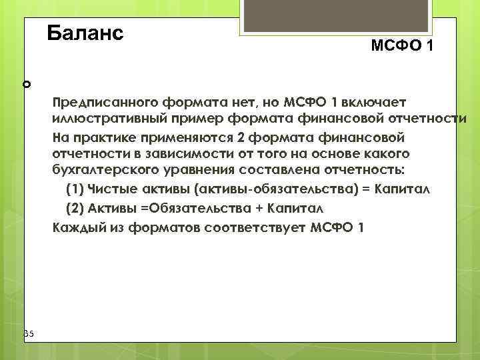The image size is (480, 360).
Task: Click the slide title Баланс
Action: point(85,33)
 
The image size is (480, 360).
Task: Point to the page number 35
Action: point(28,333)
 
